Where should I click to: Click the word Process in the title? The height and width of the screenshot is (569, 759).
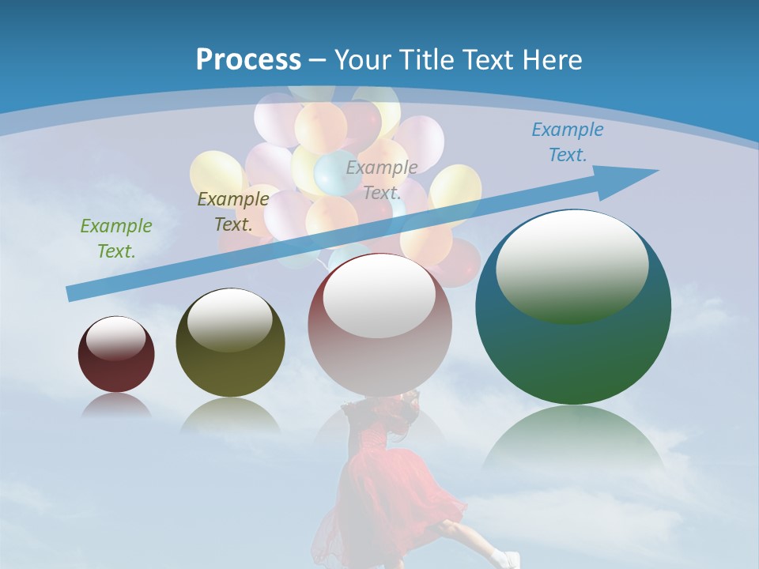click(x=248, y=60)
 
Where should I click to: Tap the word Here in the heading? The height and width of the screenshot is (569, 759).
click(x=550, y=60)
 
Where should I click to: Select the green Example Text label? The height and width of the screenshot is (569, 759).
click(x=115, y=239)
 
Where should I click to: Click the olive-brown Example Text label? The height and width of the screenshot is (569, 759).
click(x=232, y=212)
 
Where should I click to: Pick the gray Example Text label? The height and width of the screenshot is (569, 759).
click(x=382, y=179)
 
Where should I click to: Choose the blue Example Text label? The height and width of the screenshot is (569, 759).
click(x=567, y=142)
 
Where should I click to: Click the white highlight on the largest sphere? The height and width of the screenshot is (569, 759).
click(x=572, y=265)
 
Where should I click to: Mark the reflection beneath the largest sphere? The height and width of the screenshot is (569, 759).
click(x=573, y=439)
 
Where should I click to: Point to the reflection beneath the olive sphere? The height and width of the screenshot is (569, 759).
click(x=230, y=415)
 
